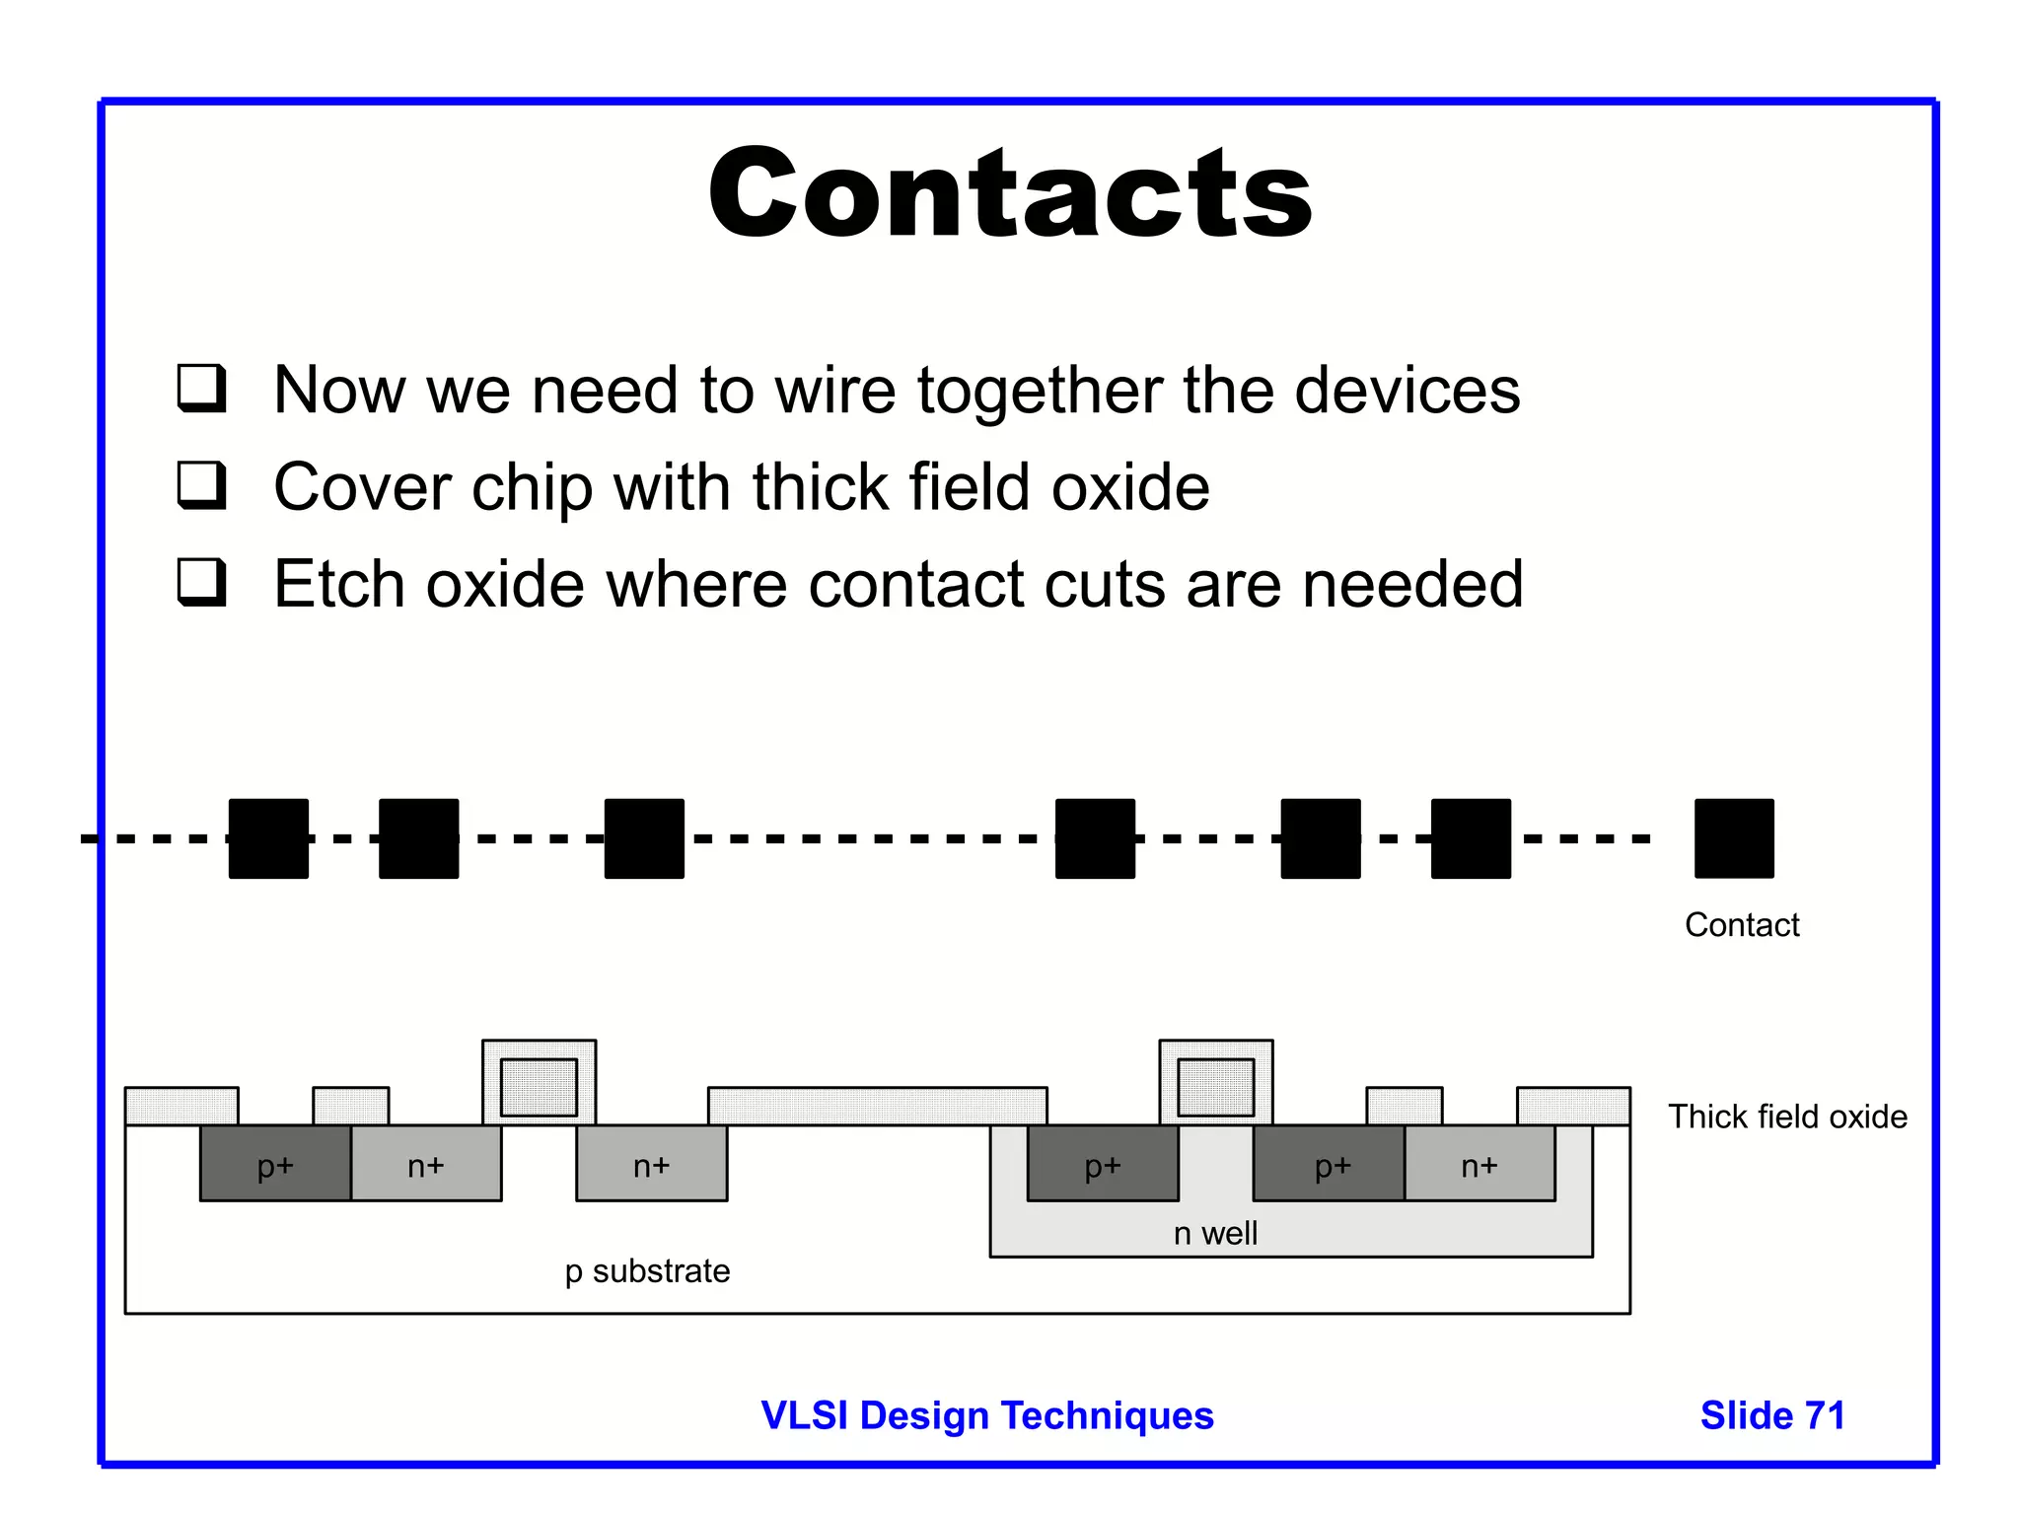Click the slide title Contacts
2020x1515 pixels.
tap(1010, 193)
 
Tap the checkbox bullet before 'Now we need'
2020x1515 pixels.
tap(202, 388)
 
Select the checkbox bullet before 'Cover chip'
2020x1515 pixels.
tap(202, 484)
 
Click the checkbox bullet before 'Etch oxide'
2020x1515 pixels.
tap(202, 582)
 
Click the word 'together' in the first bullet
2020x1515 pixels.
tap(1040, 391)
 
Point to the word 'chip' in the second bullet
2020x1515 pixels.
tap(532, 487)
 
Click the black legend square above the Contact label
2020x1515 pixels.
tap(1734, 838)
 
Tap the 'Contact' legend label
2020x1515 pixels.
tap(1742, 925)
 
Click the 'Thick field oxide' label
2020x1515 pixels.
tap(1787, 1117)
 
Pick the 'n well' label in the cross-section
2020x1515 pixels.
tap(1215, 1233)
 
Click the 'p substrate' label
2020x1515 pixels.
tap(647, 1271)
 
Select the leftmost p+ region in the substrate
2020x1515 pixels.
tap(275, 1164)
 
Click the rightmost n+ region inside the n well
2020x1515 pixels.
tap(1479, 1164)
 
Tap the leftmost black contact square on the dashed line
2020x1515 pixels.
tap(268, 838)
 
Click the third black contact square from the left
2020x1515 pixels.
tap(644, 838)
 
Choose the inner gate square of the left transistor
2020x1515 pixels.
tap(539, 1087)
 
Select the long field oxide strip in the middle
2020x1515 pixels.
tap(877, 1106)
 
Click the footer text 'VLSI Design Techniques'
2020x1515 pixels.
tap(987, 1415)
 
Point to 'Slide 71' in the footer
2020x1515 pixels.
tap(1772, 1415)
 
